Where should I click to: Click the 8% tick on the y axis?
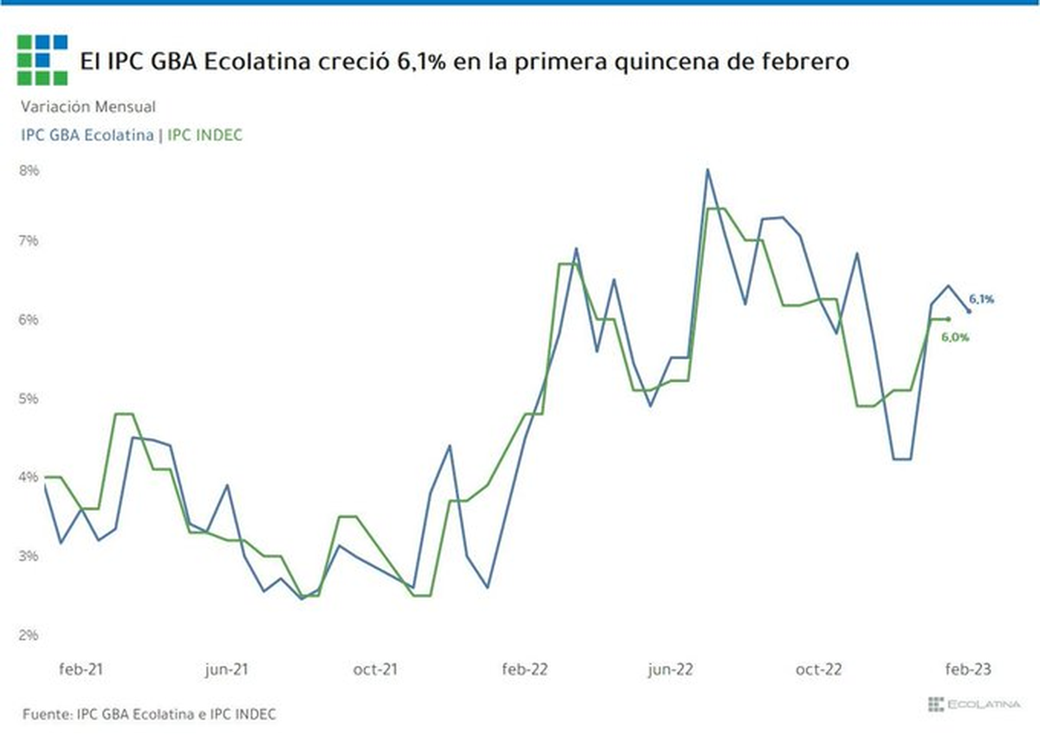(29, 171)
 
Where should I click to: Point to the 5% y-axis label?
(29, 398)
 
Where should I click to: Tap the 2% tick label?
(29, 635)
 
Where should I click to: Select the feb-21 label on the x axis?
(81, 669)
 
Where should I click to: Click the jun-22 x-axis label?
(671, 669)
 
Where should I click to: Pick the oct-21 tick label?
(375, 669)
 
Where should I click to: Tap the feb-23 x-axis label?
(968, 669)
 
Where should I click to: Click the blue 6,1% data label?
(981, 299)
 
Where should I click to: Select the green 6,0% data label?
(955, 337)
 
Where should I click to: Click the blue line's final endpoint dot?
(969, 311)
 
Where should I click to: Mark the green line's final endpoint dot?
(948, 319)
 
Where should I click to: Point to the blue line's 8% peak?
(707, 170)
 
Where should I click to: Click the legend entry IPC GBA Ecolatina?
(88, 135)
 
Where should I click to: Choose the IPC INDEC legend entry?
(205, 135)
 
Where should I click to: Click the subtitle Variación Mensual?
(88, 106)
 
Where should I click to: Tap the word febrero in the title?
(805, 61)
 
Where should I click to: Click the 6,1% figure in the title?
(421, 61)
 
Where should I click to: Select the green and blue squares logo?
(42, 61)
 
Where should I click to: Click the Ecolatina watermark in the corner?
(974, 705)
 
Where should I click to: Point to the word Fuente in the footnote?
(48, 714)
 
